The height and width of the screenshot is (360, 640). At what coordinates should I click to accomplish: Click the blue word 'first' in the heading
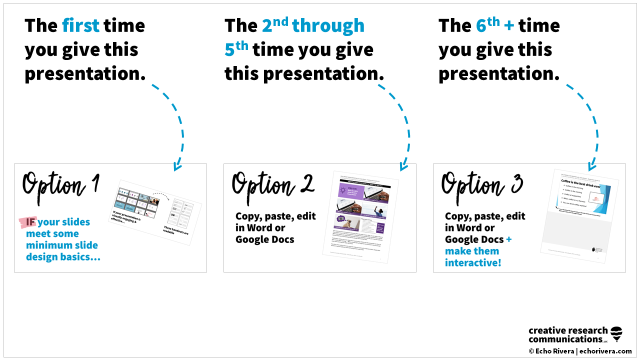(x=80, y=25)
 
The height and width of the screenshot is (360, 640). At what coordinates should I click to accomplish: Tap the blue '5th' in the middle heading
(x=236, y=49)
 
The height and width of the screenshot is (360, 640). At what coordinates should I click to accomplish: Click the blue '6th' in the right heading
(x=488, y=25)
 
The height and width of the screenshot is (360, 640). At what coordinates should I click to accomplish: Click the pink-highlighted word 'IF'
(x=29, y=222)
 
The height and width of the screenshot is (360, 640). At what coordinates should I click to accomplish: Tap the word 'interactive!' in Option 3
(x=472, y=262)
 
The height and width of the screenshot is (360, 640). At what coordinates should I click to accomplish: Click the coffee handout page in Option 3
(x=580, y=212)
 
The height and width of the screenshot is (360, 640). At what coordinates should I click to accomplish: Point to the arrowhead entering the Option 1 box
(x=176, y=167)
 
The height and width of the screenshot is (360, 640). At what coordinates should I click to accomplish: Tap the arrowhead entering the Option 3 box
(x=592, y=166)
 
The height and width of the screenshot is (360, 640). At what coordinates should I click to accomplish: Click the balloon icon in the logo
(x=616, y=334)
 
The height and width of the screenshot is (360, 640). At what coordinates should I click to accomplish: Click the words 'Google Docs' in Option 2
(x=264, y=239)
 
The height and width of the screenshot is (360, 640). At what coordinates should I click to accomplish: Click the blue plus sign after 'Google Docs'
(x=508, y=239)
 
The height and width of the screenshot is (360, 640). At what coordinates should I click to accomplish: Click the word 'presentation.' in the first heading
(x=85, y=73)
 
